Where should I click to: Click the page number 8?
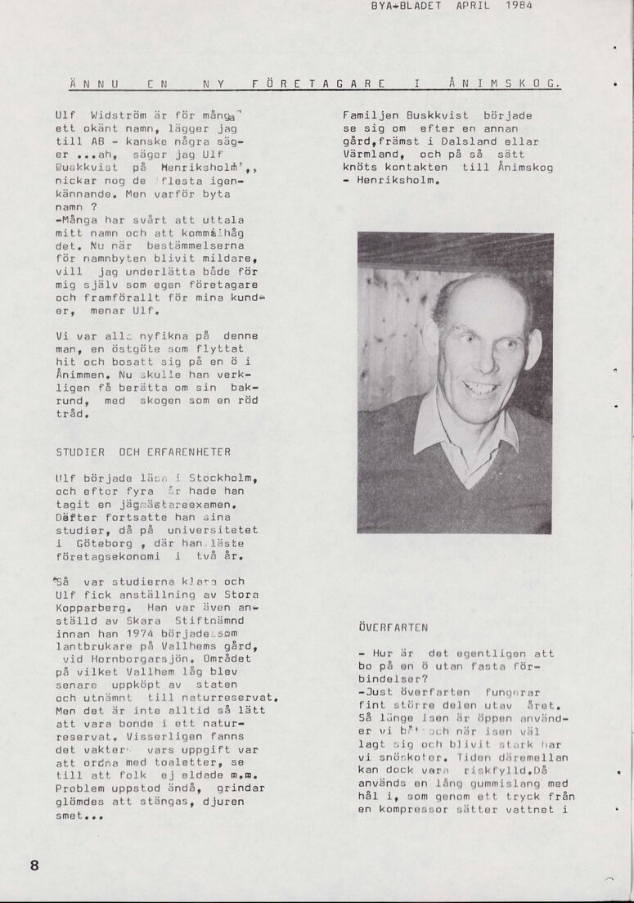point(34,865)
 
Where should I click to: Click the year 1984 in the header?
point(519,5)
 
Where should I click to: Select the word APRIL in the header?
point(473,5)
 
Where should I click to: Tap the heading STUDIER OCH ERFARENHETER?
point(143,451)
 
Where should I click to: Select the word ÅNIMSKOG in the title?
point(506,83)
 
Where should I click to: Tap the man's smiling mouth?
point(480,388)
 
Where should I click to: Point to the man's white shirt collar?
point(434,434)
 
